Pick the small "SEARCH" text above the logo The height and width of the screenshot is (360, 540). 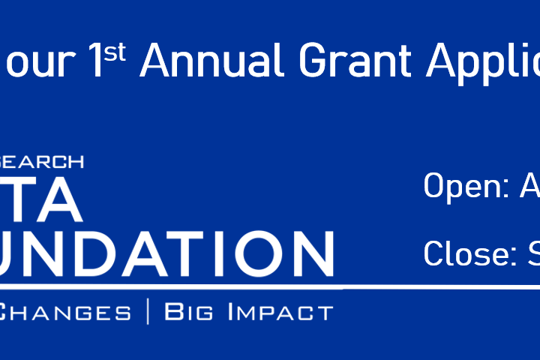pyautogui.click(x=41, y=162)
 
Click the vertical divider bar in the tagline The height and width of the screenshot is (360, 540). pyautogui.click(x=148, y=311)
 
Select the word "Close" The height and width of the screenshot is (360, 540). pyautogui.click(x=463, y=253)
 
